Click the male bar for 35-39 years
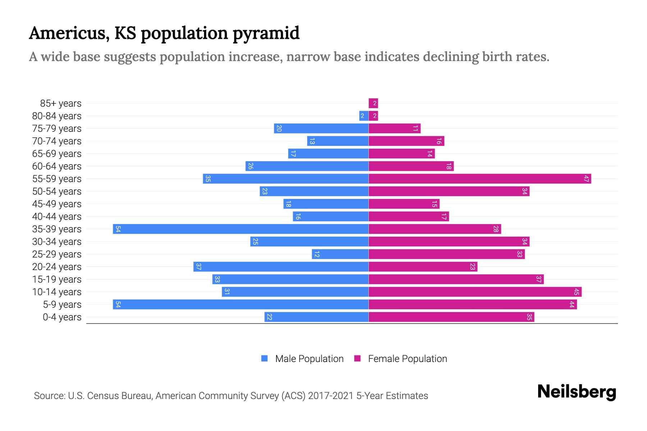click(240, 229)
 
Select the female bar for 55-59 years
click(479, 179)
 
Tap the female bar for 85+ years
click(373, 103)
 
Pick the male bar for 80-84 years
click(364, 116)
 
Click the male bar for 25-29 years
click(340, 254)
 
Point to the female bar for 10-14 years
click(475, 292)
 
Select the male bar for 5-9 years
click(240, 305)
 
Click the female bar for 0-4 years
click(451, 317)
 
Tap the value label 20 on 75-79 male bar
click(279, 129)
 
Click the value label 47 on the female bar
click(586, 179)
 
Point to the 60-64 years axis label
click(57, 166)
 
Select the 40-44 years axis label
click(57, 217)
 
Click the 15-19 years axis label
click(57, 279)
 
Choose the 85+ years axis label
click(61, 103)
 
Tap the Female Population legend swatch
click(357, 358)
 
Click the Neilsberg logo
click(577, 392)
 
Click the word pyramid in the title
click(266, 33)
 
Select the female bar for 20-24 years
click(423, 267)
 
